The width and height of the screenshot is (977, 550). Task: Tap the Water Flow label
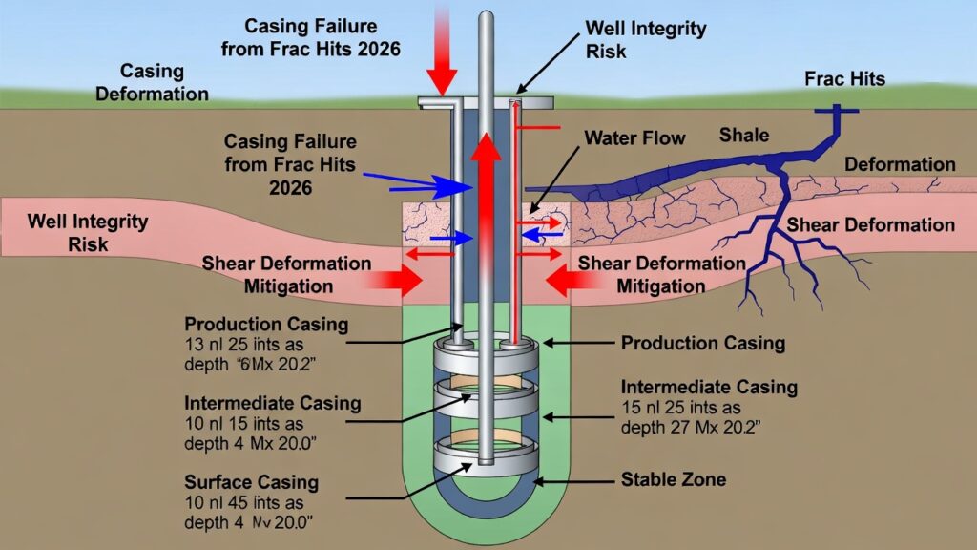[634, 138]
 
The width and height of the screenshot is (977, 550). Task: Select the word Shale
[743, 136]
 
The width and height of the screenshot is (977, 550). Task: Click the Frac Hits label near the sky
[844, 78]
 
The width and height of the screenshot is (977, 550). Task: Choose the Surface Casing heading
[252, 482]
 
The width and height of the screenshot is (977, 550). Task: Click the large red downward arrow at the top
[443, 57]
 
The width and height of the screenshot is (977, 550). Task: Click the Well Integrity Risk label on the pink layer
[88, 232]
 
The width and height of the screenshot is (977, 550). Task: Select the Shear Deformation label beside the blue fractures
[870, 225]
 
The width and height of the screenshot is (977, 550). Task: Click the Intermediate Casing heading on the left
[273, 403]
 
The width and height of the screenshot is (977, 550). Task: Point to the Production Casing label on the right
[702, 343]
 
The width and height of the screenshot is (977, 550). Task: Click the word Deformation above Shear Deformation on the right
[900, 164]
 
